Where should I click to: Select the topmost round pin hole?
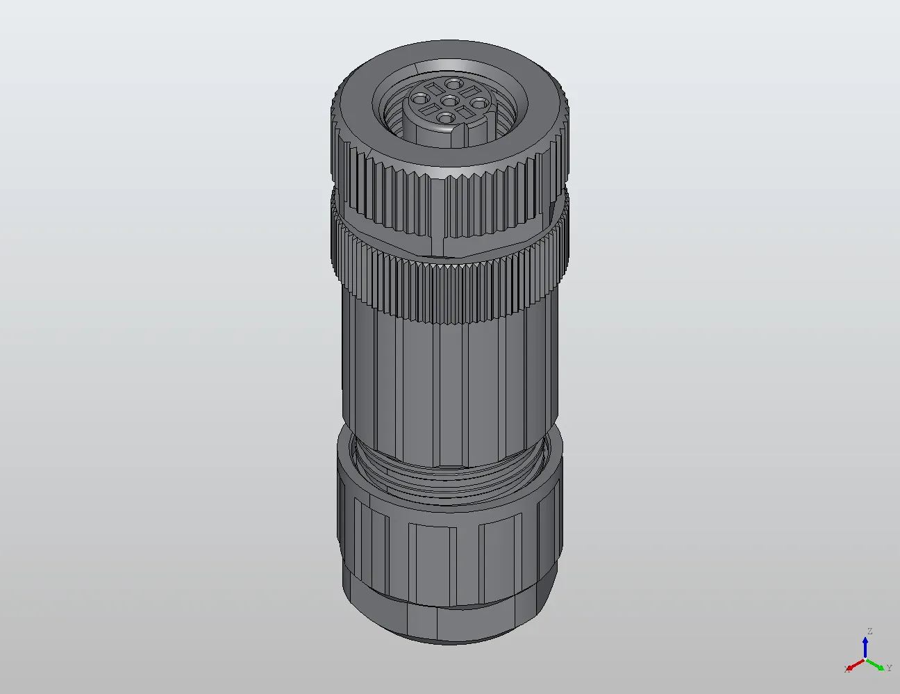[455, 84]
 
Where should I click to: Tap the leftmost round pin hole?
[419, 99]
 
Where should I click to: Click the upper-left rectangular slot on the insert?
[434, 88]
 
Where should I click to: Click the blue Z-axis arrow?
[865, 646]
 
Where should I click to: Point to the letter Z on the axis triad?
[869, 631]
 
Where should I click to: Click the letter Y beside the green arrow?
[889, 668]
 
